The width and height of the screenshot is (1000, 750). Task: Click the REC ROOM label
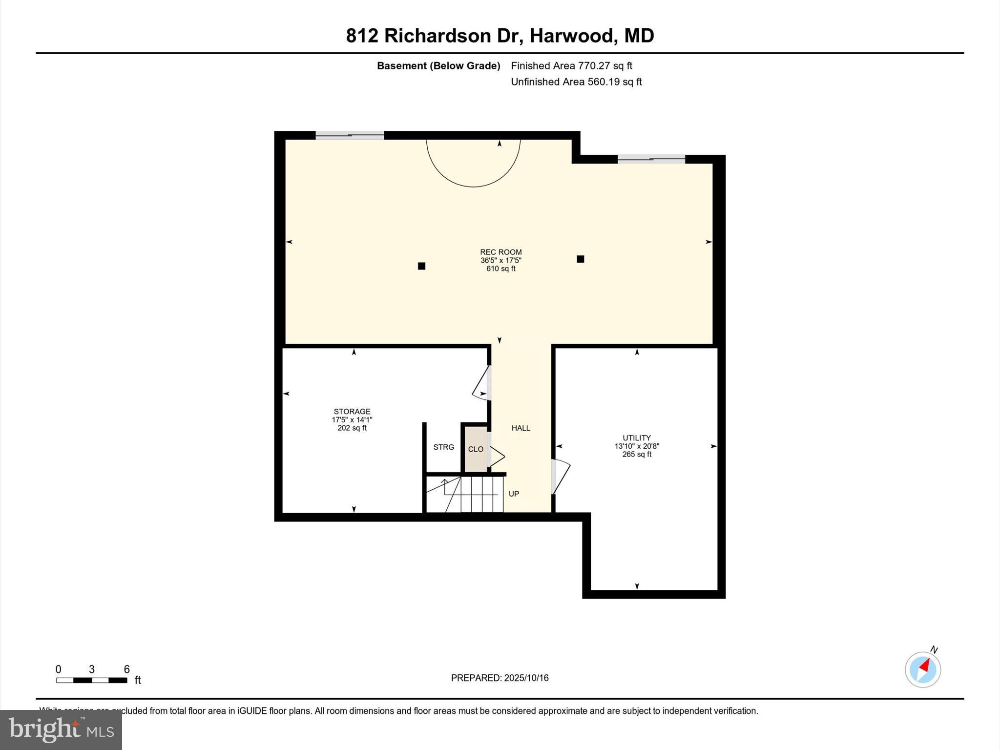click(500, 252)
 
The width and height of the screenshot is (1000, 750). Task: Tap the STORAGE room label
click(352, 411)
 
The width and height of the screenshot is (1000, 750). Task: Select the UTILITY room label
click(637, 437)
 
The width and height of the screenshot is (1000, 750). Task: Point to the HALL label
click(521, 428)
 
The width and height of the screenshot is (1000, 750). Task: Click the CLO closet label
click(476, 449)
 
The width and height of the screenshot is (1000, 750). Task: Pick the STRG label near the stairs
click(443, 447)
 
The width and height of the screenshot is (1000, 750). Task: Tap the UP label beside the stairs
click(514, 494)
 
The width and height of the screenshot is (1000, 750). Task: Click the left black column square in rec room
click(421, 266)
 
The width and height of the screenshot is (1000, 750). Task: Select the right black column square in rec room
click(580, 259)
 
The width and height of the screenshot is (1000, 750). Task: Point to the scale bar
click(91, 680)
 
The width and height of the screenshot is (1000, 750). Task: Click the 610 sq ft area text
click(500, 269)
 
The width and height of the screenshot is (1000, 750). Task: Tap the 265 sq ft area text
click(637, 454)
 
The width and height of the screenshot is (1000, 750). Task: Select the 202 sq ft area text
click(352, 428)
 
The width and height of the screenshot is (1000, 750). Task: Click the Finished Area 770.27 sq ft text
click(571, 65)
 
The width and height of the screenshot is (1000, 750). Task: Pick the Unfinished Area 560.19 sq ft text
click(576, 82)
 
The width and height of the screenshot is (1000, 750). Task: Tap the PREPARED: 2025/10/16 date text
click(500, 678)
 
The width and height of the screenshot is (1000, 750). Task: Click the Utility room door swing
click(561, 476)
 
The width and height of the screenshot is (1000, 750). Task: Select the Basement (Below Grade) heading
click(438, 65)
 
